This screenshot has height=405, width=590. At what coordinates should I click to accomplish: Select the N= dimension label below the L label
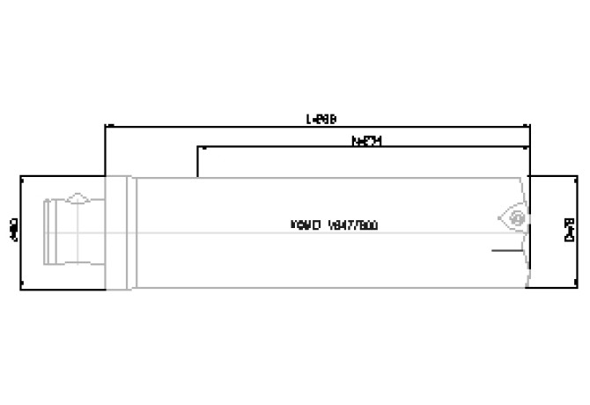[365, 140]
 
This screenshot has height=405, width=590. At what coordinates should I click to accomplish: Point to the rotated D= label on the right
[569, 231]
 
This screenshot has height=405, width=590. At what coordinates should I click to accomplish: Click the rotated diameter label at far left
[11, 231]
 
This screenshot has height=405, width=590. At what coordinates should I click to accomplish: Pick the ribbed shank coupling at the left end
[66, 231]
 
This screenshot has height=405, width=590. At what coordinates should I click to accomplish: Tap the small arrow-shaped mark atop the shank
[77, 196]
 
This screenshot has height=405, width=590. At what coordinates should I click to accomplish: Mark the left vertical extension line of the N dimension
[199, 163]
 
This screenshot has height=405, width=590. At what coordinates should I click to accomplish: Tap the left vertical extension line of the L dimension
[105, 150]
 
